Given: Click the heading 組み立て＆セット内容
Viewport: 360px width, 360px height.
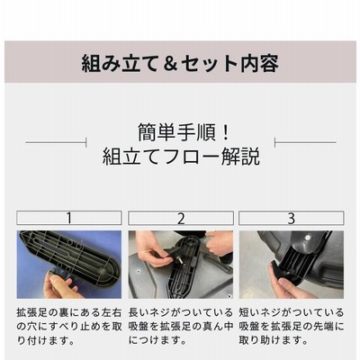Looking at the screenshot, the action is pos(180,63).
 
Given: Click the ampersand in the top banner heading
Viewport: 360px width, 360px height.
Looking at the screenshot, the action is pos(171,64).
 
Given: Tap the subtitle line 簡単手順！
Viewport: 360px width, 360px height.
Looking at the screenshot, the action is pos(184,132).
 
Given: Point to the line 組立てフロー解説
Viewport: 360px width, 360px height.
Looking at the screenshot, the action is pos(181,156).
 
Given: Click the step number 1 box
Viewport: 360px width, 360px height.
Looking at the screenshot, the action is pos(69,218).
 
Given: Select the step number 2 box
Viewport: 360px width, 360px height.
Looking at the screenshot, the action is pos(181,218).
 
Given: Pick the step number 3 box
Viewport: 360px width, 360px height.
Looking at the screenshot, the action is pos(292,218).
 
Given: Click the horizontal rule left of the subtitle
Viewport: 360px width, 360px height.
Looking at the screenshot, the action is pos(56,142).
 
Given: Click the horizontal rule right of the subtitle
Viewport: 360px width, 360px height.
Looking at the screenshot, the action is pos(305,142).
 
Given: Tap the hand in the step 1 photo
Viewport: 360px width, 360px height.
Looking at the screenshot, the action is pos(61,286).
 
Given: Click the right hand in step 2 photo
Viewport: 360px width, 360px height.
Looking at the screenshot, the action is pos(220,242).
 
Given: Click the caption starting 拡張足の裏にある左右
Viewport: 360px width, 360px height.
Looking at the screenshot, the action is pos(69,327).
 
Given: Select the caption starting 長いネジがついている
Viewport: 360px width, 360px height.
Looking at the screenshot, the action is pos(181,326).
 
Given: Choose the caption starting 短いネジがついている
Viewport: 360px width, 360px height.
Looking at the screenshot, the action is pos(292,326).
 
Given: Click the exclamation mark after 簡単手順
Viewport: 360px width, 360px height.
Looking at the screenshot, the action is pos(226,132).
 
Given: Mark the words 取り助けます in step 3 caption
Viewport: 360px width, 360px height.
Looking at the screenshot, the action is pos(269,340).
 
